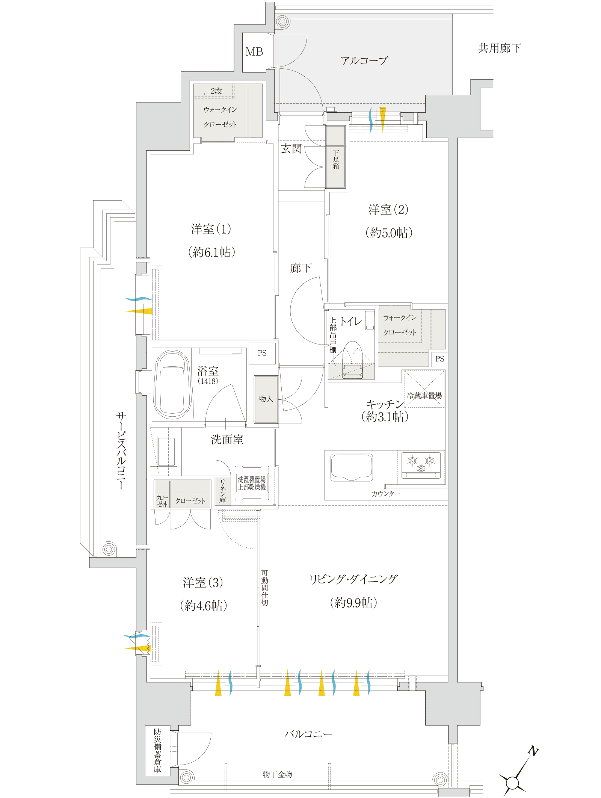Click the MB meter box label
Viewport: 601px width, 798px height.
(x=254, y=52)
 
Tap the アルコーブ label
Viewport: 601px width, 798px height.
(x=364, y=60)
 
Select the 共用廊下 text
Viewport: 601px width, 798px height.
(x=500, y=48)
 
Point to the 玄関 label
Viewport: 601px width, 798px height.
(x=291, y=149)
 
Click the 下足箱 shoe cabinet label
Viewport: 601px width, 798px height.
(x=336, y=160)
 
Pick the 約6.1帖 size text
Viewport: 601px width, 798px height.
(x=211, y=252)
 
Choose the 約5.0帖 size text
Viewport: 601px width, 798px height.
(x=389, y=233)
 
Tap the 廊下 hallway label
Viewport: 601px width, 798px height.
(x=301, y=268)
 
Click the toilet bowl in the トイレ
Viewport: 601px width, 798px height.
(x=352, y=360)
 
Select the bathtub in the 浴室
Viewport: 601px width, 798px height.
(x=172, y=384)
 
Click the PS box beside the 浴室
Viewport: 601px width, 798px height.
(x=262, y=353)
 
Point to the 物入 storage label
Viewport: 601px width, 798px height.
(x=266, y=399)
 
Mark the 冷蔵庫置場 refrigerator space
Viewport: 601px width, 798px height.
(x=424, y=389)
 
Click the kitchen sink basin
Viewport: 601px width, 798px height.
(x=352, y=467)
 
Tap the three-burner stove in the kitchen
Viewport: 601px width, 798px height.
(x=421, y=465)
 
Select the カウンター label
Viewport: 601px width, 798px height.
(x=386, y=494)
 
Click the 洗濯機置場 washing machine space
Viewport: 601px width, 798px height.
(x=252, y=483)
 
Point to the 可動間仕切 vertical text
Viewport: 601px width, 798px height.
(x=265, y=588)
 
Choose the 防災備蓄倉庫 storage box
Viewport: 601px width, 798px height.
(x=158, y=750)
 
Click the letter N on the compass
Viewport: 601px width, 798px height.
(x=533, y=751)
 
